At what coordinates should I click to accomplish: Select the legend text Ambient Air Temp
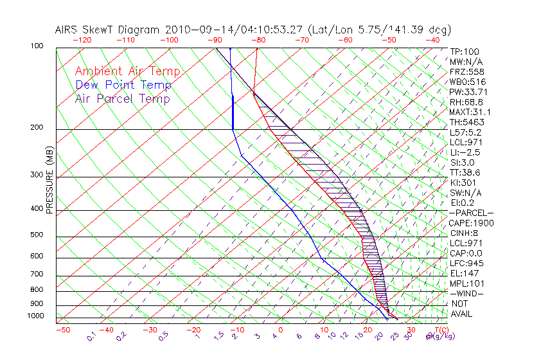point(127,72)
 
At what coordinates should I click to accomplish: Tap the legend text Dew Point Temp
point(123,85)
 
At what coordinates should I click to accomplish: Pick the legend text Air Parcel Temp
point(122,99)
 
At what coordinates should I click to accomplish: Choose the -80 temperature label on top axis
point(258,40)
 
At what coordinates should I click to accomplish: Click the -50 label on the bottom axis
point(63,330)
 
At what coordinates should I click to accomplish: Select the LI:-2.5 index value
point(464,152)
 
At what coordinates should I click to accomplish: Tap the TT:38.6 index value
point(465,172)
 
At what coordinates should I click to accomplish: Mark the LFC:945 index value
point(466,264)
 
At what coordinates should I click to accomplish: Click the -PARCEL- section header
point(471,213)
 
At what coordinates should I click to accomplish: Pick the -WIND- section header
point(467,293)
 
